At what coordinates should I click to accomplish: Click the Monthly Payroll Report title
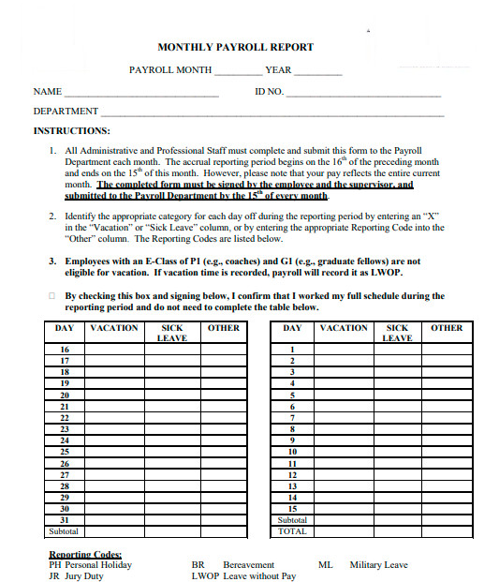tap(235, 47)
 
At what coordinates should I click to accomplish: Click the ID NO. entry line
tap(363, 95)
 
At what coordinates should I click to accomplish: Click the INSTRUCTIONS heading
tap(72, 130)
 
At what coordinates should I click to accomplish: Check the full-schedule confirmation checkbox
tap(51, 296)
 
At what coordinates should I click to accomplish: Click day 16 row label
tap(65, 349)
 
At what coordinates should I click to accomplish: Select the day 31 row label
tap(65, 520)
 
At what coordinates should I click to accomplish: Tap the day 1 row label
tap(292, 349)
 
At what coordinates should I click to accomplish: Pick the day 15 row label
tap(292, 509)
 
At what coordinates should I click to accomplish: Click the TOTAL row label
tap(292, 531)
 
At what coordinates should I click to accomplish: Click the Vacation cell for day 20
tap(113, 395)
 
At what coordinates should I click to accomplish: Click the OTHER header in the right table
tap(447, 328)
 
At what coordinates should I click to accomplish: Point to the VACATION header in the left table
tap(113, 328)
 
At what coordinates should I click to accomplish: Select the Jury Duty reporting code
tap(76, 576)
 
